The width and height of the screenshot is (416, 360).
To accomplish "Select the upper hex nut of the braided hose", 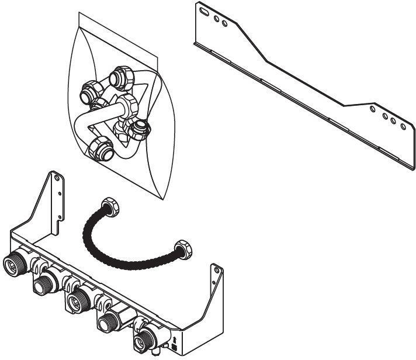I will [109, 205].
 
